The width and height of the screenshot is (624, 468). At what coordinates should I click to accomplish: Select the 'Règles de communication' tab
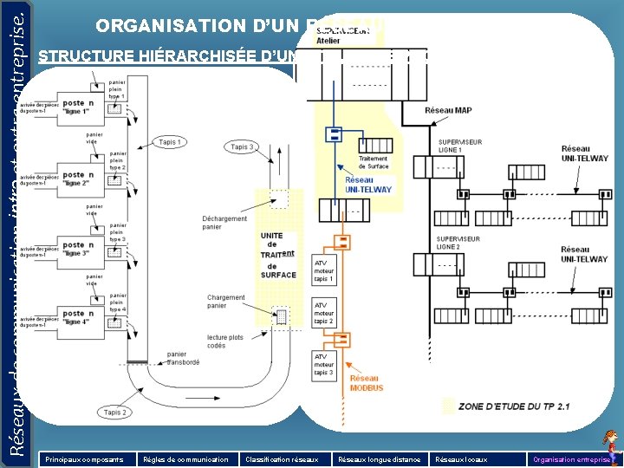pos(185,458)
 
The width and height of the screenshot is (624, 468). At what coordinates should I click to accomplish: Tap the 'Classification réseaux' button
pos(282,458)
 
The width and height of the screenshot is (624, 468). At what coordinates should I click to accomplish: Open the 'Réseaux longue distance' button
pos(380,458)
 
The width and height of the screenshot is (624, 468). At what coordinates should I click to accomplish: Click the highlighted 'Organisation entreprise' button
pos(573,458)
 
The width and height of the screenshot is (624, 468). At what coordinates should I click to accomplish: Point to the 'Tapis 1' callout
pos(170,141)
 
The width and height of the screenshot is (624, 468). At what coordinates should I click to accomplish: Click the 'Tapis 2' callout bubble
pos(114,413)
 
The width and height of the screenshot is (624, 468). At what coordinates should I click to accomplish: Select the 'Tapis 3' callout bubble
pos(242,147)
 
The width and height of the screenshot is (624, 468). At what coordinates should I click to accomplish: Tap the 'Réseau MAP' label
pos(448,110)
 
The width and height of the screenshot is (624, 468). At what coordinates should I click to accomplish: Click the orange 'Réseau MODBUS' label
pos(366,382)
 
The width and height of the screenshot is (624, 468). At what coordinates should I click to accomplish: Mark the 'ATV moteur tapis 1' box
pos(323,270)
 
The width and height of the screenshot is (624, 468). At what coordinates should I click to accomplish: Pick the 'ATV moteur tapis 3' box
pos(323,364)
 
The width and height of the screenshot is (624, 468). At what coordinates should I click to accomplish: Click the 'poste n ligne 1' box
pos(78,107)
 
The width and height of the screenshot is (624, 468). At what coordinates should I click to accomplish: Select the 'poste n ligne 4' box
pos(78,317)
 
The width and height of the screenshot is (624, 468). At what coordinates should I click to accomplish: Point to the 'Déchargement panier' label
pos(224,223)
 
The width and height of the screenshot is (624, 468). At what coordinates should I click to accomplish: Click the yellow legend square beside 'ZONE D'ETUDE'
pos(448,405)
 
